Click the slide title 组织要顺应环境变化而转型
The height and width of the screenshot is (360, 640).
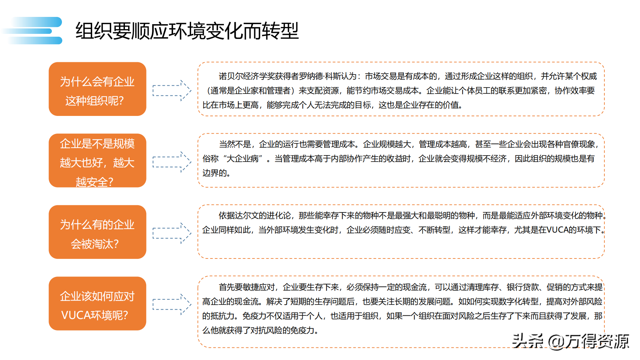[x=187, y=31]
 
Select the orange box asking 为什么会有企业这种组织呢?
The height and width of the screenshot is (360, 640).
[x=97, y=89]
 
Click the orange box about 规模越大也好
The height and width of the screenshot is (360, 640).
[x=97, y=161]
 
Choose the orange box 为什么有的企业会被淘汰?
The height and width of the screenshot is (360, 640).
[x=97, y=232]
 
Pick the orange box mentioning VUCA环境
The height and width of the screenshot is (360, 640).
[x=97, y=303]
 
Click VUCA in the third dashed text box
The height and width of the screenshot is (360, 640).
[x=557, y=230]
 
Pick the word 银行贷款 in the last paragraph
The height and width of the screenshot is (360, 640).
[x=523, y=287]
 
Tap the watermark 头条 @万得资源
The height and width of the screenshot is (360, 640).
[x=571, y=341]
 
